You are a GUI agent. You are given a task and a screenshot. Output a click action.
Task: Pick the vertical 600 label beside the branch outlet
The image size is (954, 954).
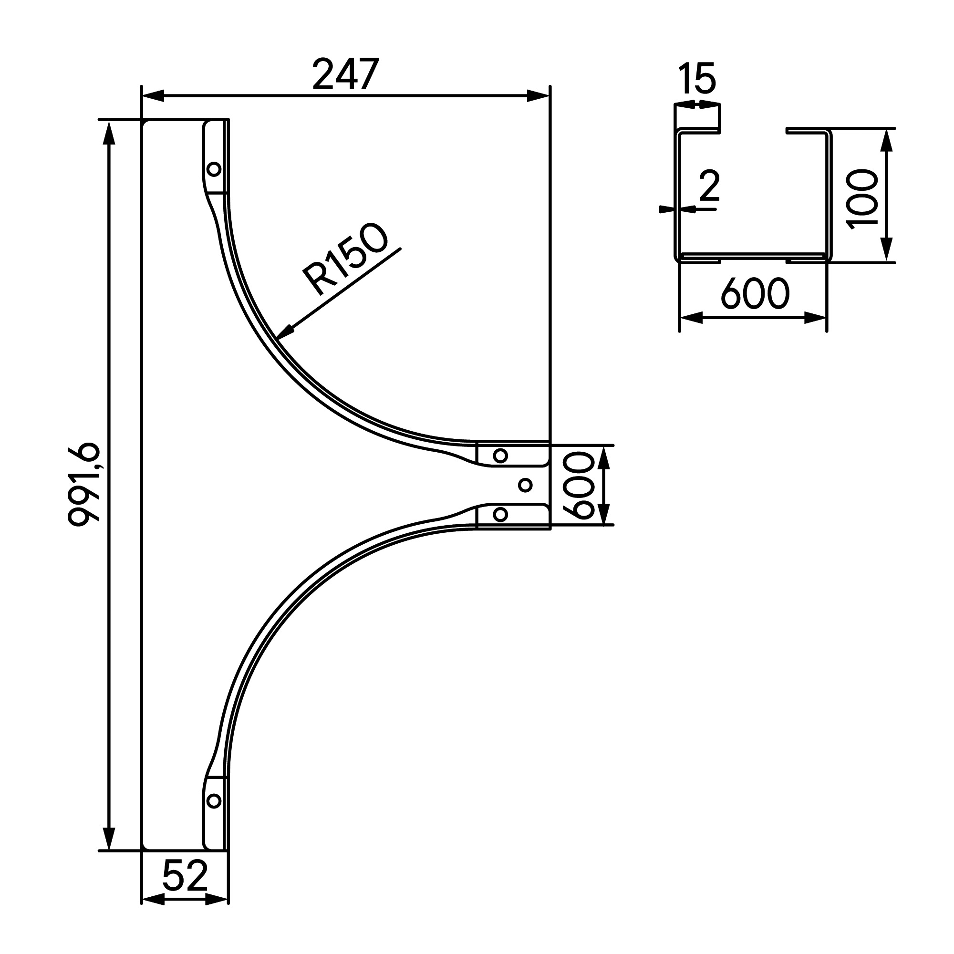tap(578, 486)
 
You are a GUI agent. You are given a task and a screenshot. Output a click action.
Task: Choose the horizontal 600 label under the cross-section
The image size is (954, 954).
tap(755, 294)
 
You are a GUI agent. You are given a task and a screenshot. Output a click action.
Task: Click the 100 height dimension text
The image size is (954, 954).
tap(861, 199)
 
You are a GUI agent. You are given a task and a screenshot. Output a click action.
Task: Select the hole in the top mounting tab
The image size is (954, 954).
tap(214, 169)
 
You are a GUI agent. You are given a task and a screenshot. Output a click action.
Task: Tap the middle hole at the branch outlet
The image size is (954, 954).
tap(526, 485)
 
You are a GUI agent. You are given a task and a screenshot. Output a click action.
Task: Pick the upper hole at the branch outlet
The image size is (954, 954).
tap(500, 455)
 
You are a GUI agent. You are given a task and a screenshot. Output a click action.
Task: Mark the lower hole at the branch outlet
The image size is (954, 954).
tap(500, 515)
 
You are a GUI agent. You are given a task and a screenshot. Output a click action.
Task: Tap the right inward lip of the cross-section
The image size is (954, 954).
tap(805, 131)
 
